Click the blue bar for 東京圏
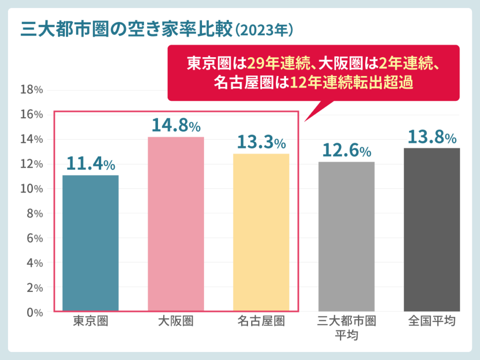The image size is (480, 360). [x=90, y=243]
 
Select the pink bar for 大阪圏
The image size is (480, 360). [x=176, y=224]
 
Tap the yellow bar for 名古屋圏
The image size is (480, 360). [x=261, y=232]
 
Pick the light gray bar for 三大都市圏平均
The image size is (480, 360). [x=346, y=236]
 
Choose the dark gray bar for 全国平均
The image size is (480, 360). [x=432, y=229]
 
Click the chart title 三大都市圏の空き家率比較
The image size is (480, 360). [x=127, y=30]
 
